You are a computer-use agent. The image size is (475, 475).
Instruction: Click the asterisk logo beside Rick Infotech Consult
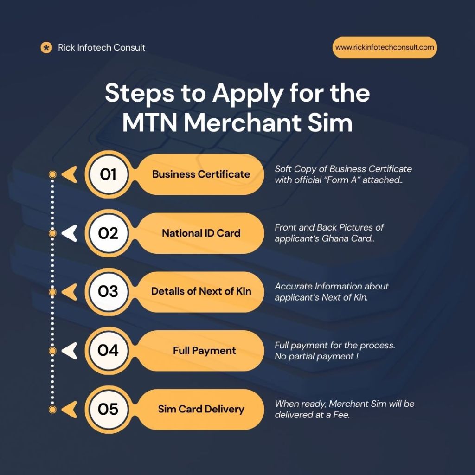tap(46, 48)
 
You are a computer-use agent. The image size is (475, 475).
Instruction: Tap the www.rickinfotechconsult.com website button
tap(385, 48)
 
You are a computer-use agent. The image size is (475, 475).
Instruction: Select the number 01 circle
tap(108, 174)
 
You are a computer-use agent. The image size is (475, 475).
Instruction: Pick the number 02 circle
tap(108, 233)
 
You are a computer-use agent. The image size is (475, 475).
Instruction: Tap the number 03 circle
tap(108, 291)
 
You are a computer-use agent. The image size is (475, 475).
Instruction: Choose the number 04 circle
tap(108, 351)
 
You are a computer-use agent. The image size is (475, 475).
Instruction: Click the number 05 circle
tap(108, 409)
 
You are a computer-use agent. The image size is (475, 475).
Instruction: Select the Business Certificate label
tap(201, 174)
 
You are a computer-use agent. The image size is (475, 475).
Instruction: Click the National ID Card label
tap(201, 233)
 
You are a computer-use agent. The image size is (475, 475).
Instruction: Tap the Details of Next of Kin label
tap(201, 291)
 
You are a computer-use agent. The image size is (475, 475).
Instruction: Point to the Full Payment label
tap(204, 351)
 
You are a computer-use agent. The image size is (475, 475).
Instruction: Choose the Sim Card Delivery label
tap(201, 409)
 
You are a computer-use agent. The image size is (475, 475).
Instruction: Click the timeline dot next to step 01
tap(52, 174)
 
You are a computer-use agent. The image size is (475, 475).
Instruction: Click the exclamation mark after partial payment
tap(358, 356)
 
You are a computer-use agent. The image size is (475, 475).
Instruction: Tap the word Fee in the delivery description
tap(341, 415)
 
